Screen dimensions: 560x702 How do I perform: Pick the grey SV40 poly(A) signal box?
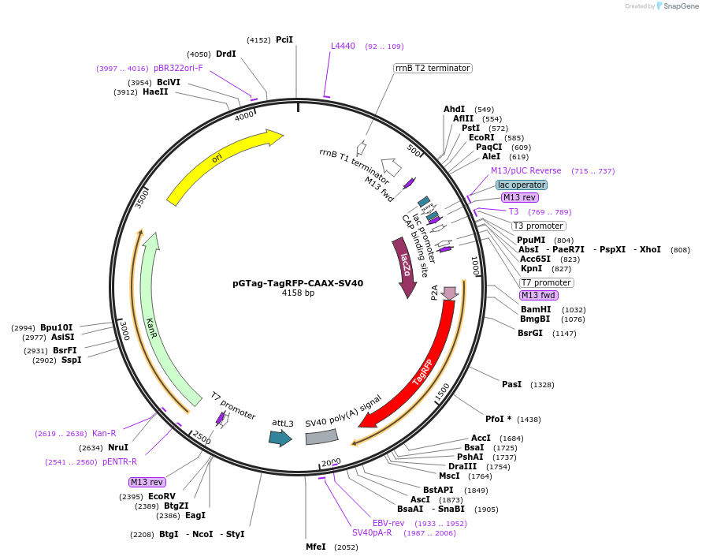point(321,437)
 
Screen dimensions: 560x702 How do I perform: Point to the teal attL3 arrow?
point(279,439)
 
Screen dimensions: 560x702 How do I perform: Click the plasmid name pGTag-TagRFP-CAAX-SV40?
point(298,282)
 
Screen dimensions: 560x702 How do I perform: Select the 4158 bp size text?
point(298,293)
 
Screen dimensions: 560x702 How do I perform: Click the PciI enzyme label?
point(284,39)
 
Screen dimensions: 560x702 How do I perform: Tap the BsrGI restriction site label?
point(530,334)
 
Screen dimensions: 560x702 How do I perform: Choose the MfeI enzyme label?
point(316,547)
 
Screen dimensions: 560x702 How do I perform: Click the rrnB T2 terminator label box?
point(433,69)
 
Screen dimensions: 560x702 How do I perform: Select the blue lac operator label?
point(522,185)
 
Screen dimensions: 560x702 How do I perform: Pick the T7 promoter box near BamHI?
point(546,282)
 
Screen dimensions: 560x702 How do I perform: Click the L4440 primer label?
point(343,47)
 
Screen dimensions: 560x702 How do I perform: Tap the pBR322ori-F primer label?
point(178,69)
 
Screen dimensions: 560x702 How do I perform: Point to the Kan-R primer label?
point(104,433)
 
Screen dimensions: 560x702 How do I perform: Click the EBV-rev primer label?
point(388,523)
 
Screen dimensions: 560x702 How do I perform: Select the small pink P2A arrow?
point(451,293)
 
